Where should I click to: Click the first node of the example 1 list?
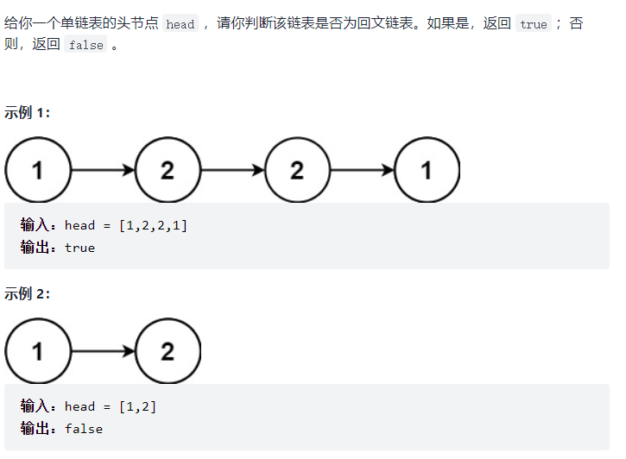click(38, 170)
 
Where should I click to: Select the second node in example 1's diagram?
click(168, 170)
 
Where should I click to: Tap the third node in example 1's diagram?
click(297, 170)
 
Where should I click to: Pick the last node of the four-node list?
click(427, 170)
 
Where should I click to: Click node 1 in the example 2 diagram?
click(38, 351)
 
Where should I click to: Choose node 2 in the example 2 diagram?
click(168, 351)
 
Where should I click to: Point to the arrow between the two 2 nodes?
click(232, 170)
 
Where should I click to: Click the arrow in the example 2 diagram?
click(103, 351)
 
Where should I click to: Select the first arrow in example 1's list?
click(103, 170)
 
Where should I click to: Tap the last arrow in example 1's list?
click(362, 170)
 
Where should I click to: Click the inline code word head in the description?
click(180, 24)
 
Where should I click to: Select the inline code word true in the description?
click(533, 24)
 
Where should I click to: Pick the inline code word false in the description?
click(85, 46)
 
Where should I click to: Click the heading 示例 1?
click(28, 112)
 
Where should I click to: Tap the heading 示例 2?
click(28, 294)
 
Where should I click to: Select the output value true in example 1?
click(79, 248)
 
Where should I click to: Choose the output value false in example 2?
click(83, 429)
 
